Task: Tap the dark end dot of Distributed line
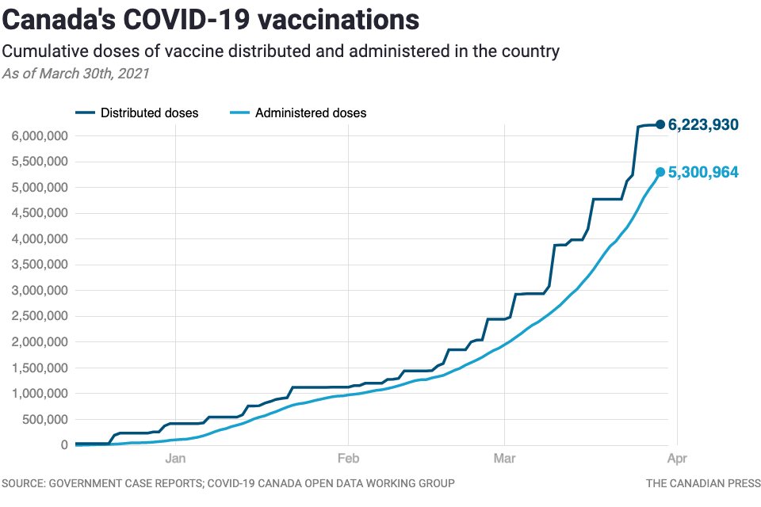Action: tap(660, 124)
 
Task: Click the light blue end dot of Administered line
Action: tap(660, 172)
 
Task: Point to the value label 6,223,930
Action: tap(704, 124)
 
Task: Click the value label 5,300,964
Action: tap(704, 172)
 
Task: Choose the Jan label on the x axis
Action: tap(175, 457)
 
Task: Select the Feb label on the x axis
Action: tap(347, 457)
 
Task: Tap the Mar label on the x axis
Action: tap(504, 457)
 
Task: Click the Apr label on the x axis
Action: tap(676, 457)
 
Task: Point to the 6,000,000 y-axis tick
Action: tap(40, 136)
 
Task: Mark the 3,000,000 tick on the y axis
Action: tap(40, 291)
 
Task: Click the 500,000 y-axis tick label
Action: tap(46, 419)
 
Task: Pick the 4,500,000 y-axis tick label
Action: tap(40, 213)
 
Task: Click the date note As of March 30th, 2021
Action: tap(75, 74)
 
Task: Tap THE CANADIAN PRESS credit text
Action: tap(703, 483)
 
